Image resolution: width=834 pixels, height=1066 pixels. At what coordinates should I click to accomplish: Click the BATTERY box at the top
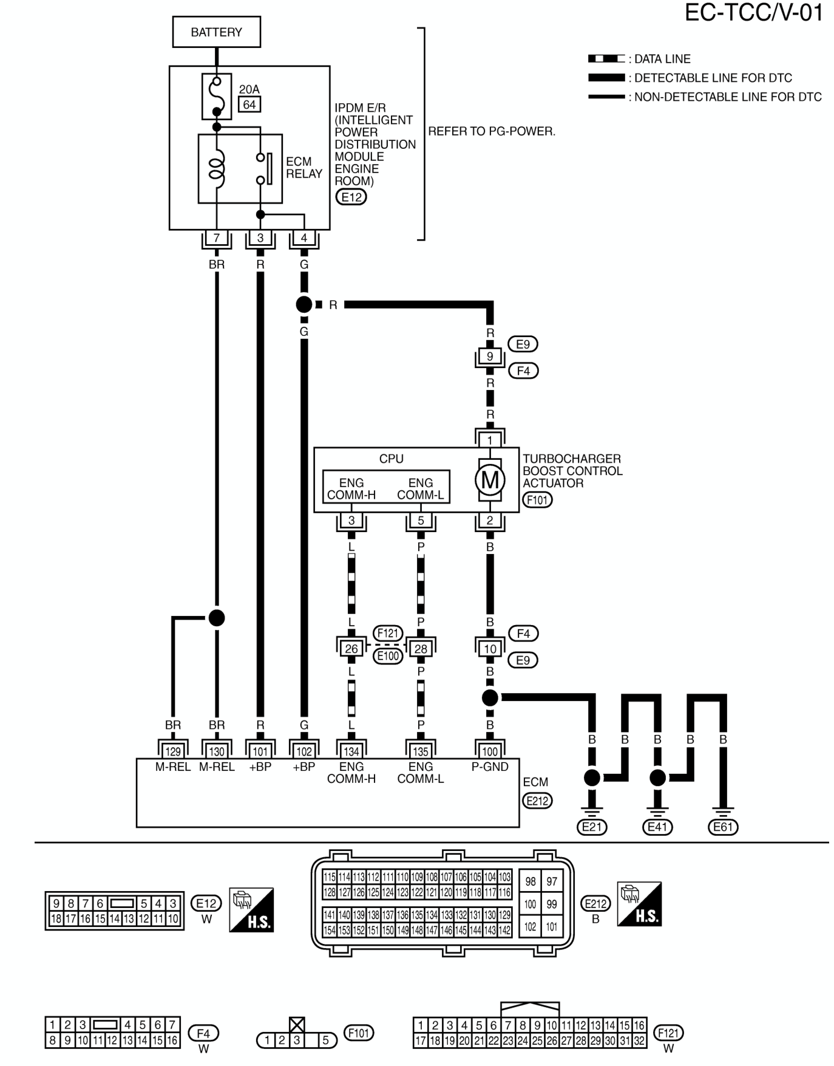point(216,32)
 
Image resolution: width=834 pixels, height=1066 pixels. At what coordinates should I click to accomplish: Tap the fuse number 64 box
point(249,104)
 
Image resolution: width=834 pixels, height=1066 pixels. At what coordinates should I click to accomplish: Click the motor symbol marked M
point(490,480)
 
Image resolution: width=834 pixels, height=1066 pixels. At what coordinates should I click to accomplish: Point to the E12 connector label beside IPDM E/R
point(351,197)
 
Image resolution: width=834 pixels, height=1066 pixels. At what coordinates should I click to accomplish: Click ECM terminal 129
point(173,751)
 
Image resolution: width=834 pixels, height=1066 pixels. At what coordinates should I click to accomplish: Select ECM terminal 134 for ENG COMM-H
point(351,751)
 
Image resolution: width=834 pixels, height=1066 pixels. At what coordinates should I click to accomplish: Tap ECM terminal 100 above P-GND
point(490,751)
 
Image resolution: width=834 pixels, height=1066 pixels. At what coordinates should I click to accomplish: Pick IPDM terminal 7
point(217,238)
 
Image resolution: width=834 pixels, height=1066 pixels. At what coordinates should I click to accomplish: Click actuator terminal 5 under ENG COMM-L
point(421,521)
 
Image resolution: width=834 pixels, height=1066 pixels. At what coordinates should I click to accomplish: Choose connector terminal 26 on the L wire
point(351,649)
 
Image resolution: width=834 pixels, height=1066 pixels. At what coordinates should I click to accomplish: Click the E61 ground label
point(723,827)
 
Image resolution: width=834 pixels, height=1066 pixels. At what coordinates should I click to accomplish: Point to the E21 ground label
point(592,827)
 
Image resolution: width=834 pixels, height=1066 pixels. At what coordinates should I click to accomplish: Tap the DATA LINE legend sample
point(606,59)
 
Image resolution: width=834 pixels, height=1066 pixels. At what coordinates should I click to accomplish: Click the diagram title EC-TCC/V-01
point(754,12)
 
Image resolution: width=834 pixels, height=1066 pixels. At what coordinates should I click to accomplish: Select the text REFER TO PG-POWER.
point(492,131)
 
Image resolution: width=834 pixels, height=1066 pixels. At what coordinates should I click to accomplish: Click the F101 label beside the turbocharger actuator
point(537,500)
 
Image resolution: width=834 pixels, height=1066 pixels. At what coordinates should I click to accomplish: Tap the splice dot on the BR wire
point(217,618)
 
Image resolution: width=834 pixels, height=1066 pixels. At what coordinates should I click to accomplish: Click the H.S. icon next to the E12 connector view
point(251,910)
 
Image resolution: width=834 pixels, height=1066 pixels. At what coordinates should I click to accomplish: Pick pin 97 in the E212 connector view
point(551,881)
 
